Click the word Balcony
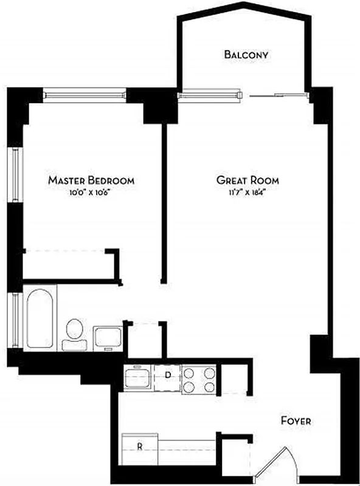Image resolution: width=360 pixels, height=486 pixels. [246, 55]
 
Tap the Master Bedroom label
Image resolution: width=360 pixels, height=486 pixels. [91, 180]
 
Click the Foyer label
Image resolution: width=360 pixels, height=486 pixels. [296, 420]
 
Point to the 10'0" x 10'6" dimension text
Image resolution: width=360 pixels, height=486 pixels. [91, 193]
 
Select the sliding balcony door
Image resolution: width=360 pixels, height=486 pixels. [277, 95]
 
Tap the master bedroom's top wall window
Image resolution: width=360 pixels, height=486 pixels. [85, 95]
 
